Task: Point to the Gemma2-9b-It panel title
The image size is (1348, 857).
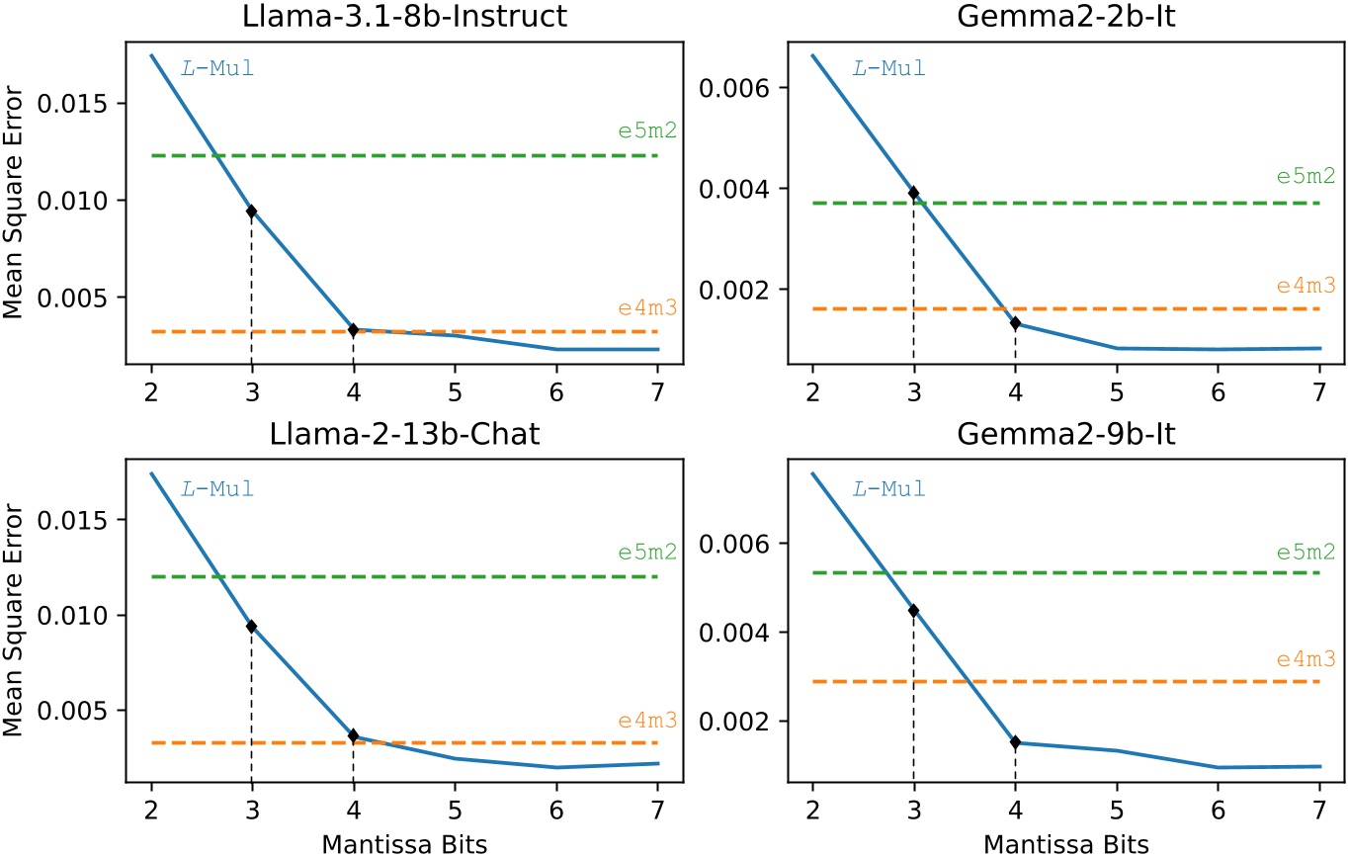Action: [1065, 436]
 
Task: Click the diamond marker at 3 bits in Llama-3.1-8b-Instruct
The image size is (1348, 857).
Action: [252, 211]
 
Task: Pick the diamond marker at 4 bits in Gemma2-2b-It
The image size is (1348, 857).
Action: [1015, 323]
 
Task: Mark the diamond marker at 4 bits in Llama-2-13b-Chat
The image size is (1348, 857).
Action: [353, 735]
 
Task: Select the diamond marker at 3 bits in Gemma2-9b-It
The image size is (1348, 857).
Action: [913, 611]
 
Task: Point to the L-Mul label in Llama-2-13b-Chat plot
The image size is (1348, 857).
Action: [217, 488]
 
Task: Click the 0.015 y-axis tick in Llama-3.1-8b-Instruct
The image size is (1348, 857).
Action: [86, 104]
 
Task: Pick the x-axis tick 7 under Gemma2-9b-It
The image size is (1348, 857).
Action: [1319, 804]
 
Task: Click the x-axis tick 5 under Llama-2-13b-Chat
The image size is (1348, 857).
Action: [455, 804]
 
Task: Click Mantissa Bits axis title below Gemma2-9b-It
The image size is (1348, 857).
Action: [1065, 843]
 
